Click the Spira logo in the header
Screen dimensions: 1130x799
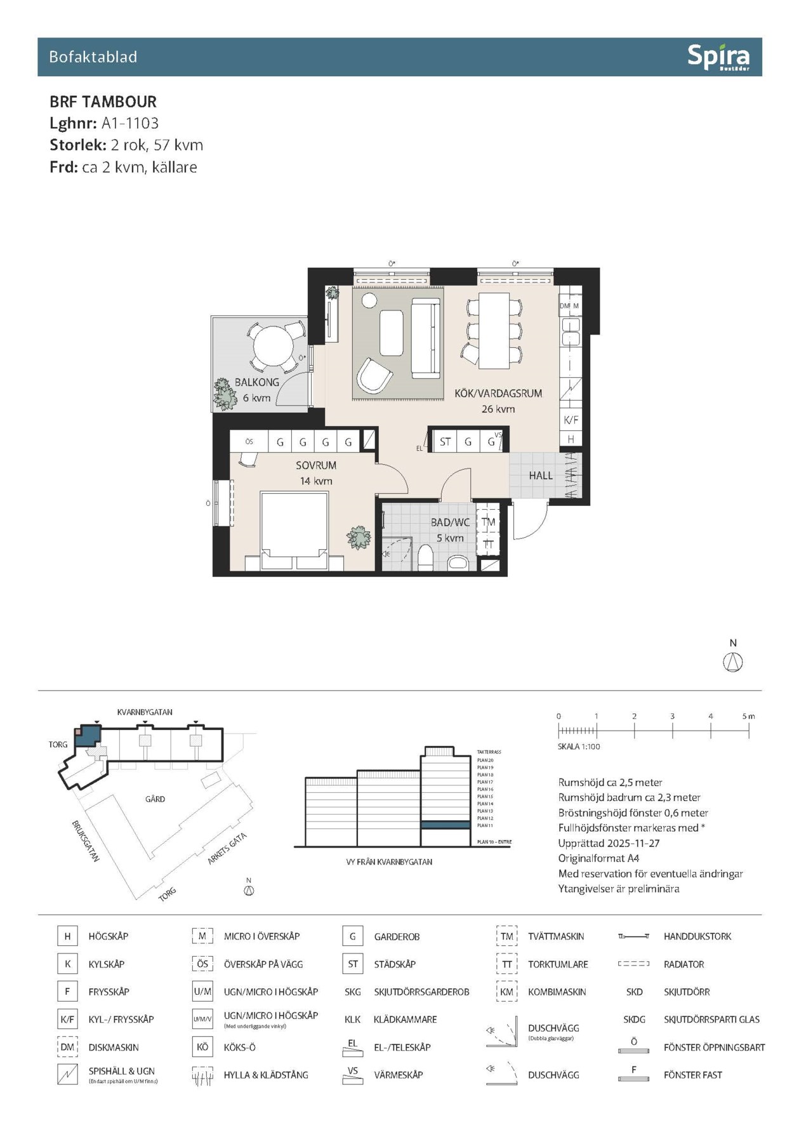(718, 57)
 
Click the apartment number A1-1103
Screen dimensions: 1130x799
(129, 123)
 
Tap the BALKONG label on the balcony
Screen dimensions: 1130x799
(256, 382)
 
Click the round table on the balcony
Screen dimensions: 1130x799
(273, 346)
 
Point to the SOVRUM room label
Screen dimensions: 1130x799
(315, 465)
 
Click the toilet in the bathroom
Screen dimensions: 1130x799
(425, 559)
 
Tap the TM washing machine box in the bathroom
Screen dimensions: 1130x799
(488, 522)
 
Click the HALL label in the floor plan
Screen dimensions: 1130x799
(541, 475)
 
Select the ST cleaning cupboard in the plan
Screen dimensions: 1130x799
(445, 442)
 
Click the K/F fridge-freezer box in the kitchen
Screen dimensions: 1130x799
(571, 420)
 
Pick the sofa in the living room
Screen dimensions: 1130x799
(426, 338)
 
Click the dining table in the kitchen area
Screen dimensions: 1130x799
(494, 330)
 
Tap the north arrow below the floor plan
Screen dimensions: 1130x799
(733, 662)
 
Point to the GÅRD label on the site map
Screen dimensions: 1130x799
(155, 799)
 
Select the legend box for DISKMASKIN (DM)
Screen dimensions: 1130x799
(67, 1047)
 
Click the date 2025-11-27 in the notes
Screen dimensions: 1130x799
(633, 843)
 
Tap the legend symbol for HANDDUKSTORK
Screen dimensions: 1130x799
(633, 936)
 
